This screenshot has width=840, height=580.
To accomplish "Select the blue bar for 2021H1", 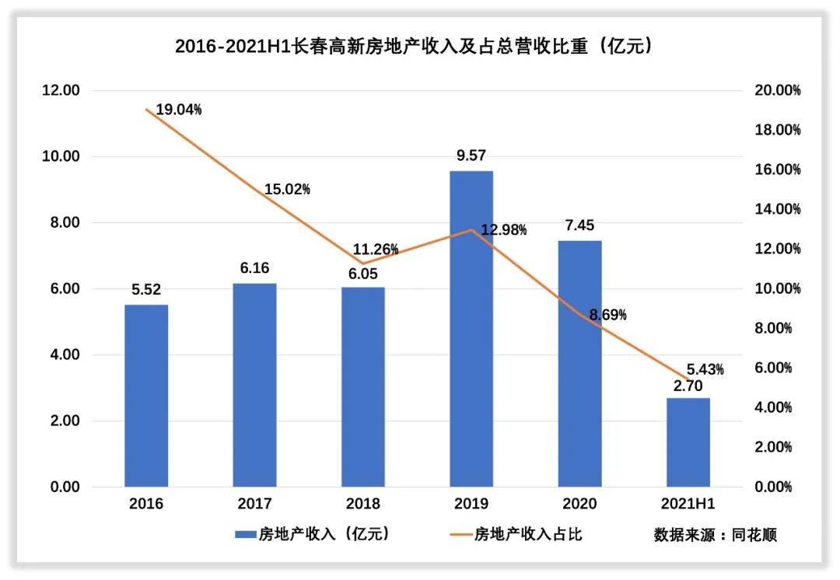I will point(688,442).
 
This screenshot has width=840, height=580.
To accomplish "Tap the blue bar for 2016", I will point(146,396).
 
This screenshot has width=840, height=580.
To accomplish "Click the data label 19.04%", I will point(178,110).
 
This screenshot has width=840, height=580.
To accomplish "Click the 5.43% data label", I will point(705,369).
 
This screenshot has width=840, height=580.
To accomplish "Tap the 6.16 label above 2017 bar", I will point(254,268).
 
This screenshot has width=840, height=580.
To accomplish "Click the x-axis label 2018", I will point(363,504).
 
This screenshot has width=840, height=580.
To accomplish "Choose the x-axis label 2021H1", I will point(688,504).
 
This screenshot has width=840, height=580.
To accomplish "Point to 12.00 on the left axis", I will point(61,90).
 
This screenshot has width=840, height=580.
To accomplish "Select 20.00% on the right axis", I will point(777,90).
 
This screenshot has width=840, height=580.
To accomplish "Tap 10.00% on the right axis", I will point(777,288).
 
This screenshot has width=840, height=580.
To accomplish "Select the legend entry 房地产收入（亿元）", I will point(311,534).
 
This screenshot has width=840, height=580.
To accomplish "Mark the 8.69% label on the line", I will point(607,315).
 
